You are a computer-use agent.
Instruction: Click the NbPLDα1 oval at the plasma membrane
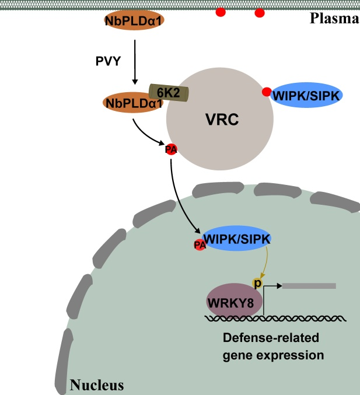click(134, 21)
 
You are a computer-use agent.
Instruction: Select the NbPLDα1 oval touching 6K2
click(132, 103)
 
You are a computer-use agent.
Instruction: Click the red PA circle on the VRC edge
click(171, 149)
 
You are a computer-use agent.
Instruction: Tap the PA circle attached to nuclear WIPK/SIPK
click(200, 245)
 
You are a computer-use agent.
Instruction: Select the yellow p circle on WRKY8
click(256, 283)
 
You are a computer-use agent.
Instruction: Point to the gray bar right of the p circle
click(309, 286)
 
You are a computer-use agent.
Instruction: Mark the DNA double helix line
click(274, 318)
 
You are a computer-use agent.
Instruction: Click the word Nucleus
click(96, 384)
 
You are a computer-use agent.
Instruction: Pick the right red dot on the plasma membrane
click(260, 12)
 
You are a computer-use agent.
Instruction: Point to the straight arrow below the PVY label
click(135, 61)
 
